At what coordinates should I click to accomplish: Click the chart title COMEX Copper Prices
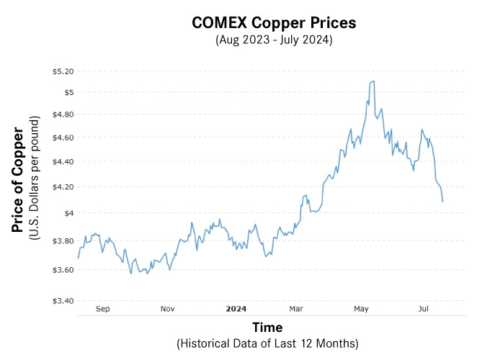click(274, 23)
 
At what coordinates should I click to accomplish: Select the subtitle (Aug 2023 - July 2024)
click(274, 40)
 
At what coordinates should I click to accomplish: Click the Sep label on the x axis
click(103, 309)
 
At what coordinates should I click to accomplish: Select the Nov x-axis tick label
click(167, 309)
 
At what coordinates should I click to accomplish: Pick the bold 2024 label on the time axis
click(236, 309)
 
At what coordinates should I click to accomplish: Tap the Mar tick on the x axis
click(296, 309)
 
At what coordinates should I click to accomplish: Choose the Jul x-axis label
click(424, 309)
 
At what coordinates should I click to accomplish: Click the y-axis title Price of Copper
click(18, 180)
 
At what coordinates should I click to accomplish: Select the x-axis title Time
click(267, 328)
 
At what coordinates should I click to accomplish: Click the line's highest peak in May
click(372, 81)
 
